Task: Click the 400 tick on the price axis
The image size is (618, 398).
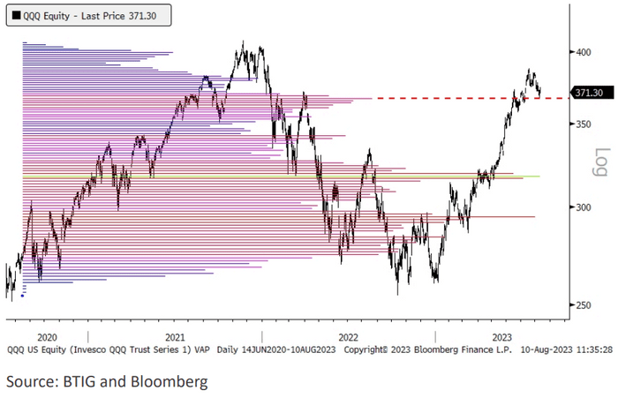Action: coord(584,52)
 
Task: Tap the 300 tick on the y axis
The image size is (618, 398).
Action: coord(584,207)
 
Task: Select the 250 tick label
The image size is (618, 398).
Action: coord(584,305)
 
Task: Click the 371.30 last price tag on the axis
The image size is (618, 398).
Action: coord(588,93)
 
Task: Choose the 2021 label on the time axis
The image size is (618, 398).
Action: coord(175,337)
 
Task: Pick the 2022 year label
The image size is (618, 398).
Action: coord(348,337)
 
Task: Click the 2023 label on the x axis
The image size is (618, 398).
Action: coord(501,337)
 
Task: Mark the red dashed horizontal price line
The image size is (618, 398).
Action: coord(441,98)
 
